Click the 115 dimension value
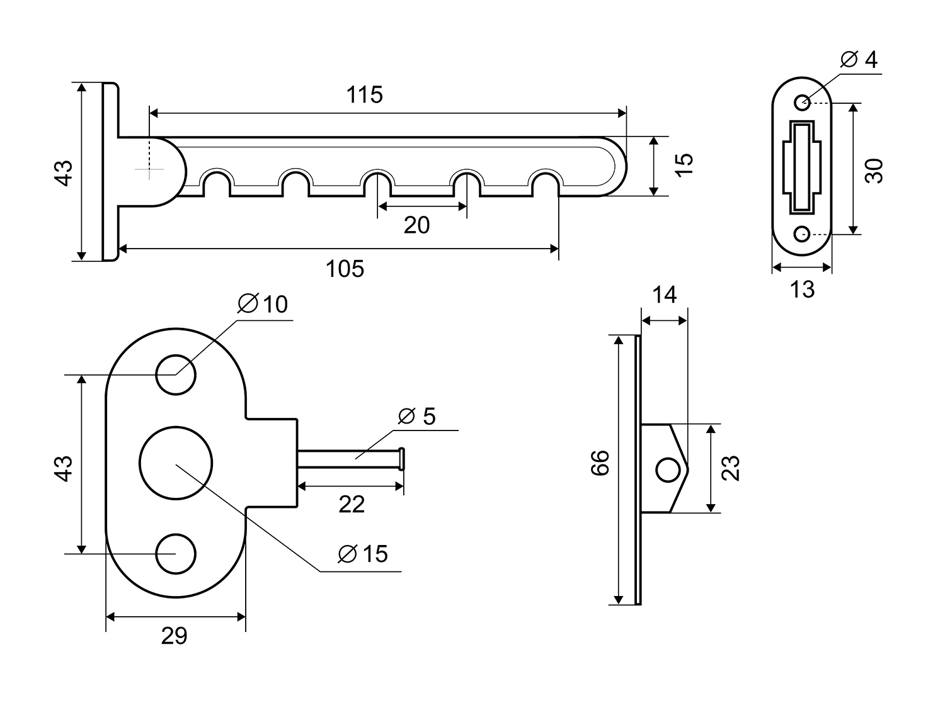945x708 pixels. click(364, 94)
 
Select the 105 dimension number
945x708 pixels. click(345, 269)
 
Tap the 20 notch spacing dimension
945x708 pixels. click(416, 225)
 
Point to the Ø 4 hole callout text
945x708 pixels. click(859, 60)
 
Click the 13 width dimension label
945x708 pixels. click(802, 289)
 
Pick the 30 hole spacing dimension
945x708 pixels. click(874, 171)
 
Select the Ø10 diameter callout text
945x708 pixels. click(263, 304)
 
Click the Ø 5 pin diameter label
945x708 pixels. click(417, 416)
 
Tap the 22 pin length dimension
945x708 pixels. click(352, 504)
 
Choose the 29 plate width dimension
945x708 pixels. click(174, 636)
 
